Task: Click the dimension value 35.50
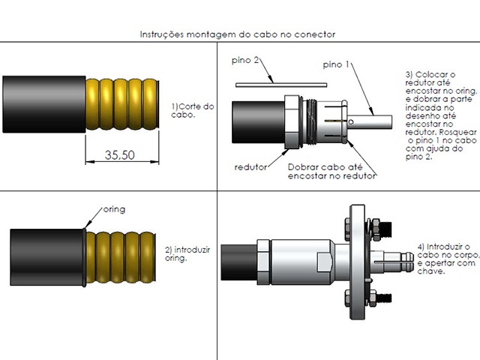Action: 120,156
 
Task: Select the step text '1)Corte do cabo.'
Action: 193,111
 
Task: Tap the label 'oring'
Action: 113,209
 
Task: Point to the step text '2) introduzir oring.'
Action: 190,253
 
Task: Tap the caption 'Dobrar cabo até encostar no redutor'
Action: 331,172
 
